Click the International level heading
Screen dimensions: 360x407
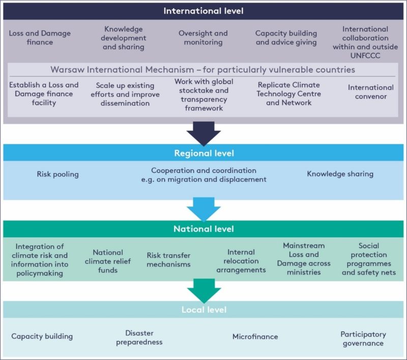(x=203, y=11)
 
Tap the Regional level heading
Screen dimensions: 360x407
(x=203, y=153)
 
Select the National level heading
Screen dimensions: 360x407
(x=203, y=229)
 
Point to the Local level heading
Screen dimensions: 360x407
(x=203, y=309)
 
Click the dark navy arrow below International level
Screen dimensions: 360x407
(x=203, y=133)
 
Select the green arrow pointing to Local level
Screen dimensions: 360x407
(x=203, y=290)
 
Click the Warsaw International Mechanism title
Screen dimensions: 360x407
(x=202, y=70)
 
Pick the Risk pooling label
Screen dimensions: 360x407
(x=57, y=174)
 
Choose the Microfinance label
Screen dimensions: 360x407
(x=255, y=337)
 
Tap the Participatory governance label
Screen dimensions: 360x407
(x=363, y=339)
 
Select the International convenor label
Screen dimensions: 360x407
(x=370, y=92)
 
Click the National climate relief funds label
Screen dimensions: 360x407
(x=108, y=261)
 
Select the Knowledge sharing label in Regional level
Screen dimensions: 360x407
(x=340, y=174)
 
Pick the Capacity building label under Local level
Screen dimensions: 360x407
(x=42, y=336)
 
